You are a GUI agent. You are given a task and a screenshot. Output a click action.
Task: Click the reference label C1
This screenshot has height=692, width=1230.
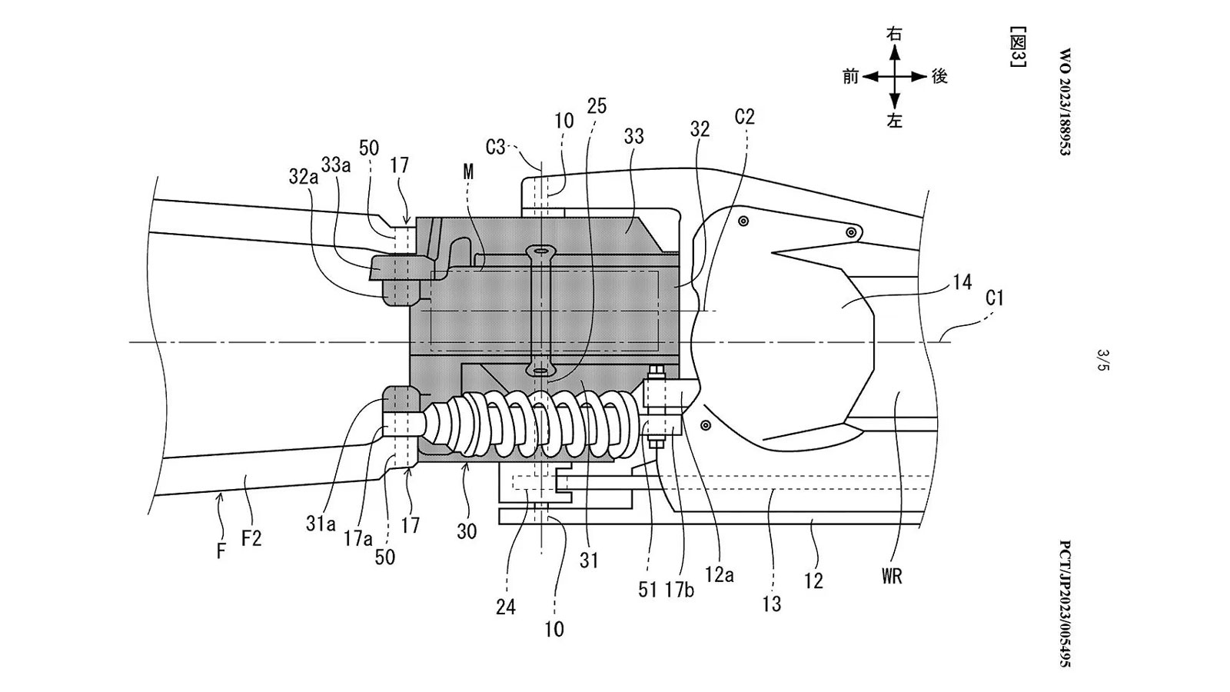(994, 298)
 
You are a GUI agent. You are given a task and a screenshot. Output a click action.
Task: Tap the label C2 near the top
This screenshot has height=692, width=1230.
(744, 117)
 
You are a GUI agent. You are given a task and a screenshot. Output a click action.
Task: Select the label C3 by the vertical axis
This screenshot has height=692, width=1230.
(496, 146)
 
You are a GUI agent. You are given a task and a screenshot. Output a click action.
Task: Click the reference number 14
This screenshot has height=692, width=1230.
(962, 282)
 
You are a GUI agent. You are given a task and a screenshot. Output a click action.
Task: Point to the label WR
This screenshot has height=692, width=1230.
(892, 575)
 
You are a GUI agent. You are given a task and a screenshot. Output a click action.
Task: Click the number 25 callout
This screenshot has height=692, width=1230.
(596, 106)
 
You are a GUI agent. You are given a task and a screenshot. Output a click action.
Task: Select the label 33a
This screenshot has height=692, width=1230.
(337, 164)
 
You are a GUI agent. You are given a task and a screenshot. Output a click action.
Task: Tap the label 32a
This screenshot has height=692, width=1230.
(303, 176)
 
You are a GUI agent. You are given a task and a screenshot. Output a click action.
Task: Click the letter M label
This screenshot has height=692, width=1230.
(468, 173)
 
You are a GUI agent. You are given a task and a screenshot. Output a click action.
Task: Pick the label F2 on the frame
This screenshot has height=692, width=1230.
(251, 538)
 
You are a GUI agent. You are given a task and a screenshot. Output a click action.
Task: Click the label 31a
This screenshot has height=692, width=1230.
(320, 524)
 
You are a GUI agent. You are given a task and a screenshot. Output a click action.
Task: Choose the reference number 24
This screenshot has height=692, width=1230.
(505, 607)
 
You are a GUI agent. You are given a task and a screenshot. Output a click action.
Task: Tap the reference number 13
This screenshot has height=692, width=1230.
(771, 604)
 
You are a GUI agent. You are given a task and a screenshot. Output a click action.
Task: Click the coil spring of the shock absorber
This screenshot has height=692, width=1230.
(538, 427)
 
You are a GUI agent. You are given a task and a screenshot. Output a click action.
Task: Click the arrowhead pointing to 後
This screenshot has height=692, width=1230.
(922, 77)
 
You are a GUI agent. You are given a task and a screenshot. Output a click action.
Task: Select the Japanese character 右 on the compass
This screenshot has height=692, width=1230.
(894, 34)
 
